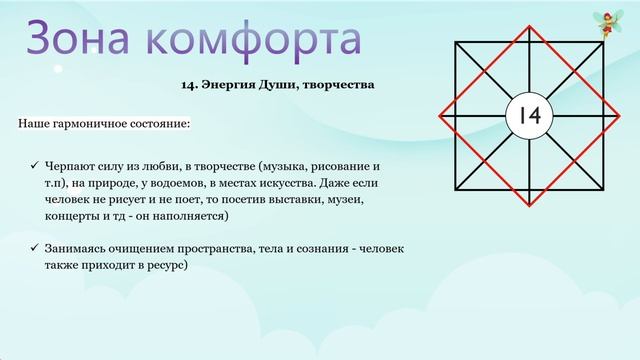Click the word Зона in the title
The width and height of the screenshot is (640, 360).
coord(78,39)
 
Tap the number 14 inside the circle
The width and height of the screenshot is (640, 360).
coord(529,116)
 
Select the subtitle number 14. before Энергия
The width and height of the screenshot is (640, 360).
coord(194,87)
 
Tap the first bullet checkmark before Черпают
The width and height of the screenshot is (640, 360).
coord(34,163)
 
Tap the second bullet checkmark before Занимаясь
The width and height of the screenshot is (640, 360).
coord(34,247)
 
